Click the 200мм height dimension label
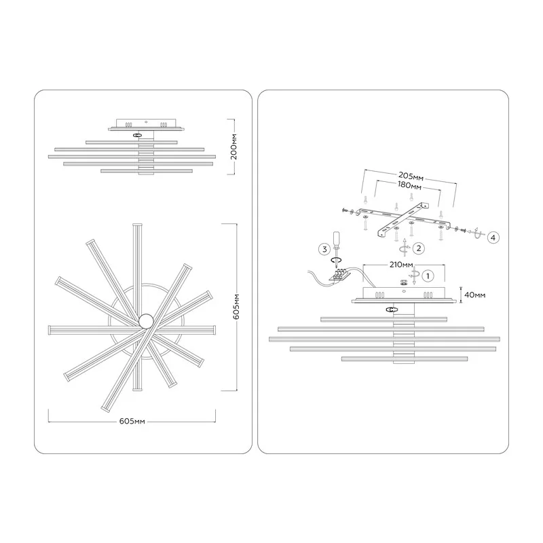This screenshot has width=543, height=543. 234,147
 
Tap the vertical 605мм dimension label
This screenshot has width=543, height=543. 236,307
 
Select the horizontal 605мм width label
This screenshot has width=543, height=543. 132,422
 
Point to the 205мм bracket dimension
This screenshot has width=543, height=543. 411,176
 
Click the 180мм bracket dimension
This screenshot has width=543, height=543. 409,185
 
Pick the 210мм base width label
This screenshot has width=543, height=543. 401,265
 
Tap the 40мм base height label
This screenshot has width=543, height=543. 474,295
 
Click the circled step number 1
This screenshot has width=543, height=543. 428,276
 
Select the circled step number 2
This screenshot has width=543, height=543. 419,248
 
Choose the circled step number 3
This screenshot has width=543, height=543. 324,249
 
